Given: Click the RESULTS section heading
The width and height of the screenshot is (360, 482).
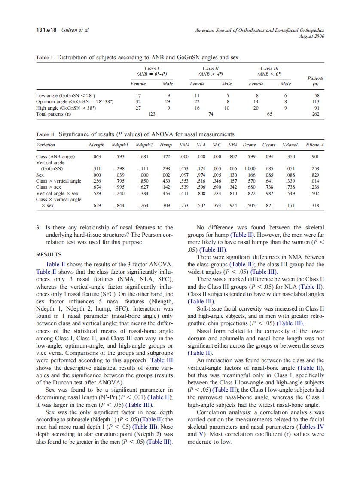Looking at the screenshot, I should (49, 255).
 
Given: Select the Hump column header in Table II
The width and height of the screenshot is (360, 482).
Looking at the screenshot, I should (166, 146).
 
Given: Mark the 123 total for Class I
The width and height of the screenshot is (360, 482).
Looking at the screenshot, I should (151, 114).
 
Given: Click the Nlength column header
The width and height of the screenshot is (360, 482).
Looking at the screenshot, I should (94, 146).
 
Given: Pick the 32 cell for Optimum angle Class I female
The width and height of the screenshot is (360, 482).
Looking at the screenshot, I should (138, 102).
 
